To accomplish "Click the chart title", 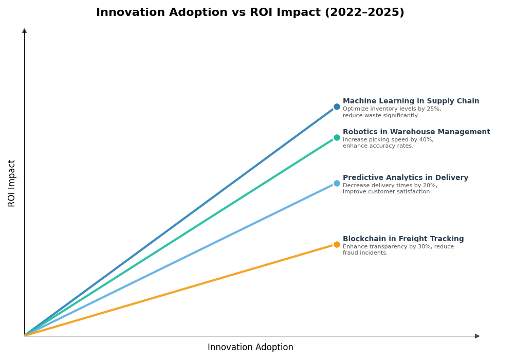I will tap(250, 13).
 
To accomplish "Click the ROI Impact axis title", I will tap(12, 183).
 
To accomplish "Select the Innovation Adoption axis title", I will tap(250, 348).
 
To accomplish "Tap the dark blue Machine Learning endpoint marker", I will tap(337, 107).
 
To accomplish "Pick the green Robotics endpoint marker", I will tap(337, 137).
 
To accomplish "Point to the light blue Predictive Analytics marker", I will tap(337, 183).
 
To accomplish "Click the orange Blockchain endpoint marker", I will tap(337, 244).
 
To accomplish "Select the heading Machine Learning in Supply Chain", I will tap(411, 101).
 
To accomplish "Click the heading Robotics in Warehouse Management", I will tap(416, 132).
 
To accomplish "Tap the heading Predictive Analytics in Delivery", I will tap(406, 178).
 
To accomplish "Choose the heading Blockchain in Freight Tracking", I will tap(403, 239).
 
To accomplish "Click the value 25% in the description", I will tap(433, 109).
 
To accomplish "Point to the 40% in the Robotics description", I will tap(426, 140).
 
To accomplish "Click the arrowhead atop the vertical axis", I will tap(24, 31).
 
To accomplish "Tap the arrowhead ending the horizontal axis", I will tap(477, 336).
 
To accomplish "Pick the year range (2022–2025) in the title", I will tap(364, 13).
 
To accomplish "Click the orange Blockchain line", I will tap(180, 290).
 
